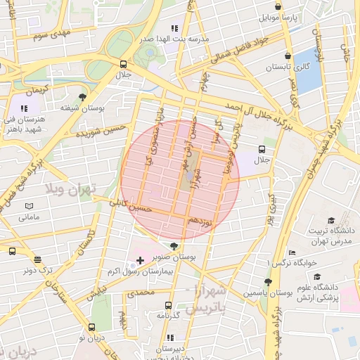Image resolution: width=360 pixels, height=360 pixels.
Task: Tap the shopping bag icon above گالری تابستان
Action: tap(288, 56)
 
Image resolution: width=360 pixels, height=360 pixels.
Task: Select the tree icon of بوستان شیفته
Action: tap(83, 96)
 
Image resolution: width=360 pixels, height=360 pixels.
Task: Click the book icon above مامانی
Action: tap(29, 205)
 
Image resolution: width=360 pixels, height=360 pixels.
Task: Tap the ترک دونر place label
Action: tap(37, 270)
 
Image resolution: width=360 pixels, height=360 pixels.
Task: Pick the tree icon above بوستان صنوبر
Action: tap(174, 247)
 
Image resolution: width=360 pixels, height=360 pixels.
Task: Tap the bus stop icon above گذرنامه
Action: tap(167, 305)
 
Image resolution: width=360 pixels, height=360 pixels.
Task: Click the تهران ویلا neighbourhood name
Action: tap(70, 190)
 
